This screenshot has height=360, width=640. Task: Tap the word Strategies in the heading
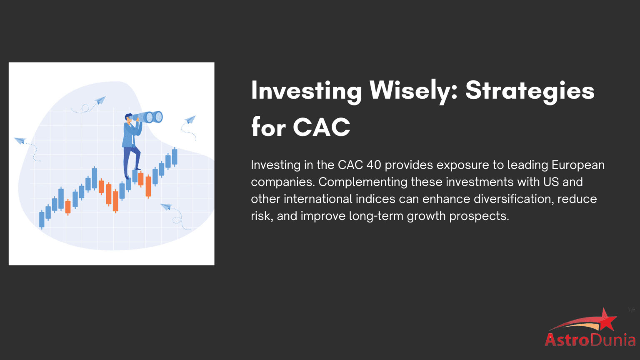pyautogui.click(x=530, y=91)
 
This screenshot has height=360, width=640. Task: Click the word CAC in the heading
pyautogui.click(x=321, y=127)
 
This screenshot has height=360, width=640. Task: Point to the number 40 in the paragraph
pyautogui.click(x=374, y=165)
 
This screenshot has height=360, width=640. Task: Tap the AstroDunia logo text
pyautogui.click(x=590, y=340)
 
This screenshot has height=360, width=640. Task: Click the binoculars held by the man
pyautogui.click(x=150, y=117)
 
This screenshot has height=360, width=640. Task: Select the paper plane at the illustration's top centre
pyautogui.click(x=100, y=100)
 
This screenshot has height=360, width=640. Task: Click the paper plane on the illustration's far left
pyautogui.click(x=20, y=140)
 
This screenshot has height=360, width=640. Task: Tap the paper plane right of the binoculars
pyautogui.click(x=190, y=120)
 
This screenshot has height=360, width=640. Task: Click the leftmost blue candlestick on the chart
pyautogui.click(x=42, y=219)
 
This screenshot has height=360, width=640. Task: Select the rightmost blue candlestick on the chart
pyautogui.click(x=175, y=157)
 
